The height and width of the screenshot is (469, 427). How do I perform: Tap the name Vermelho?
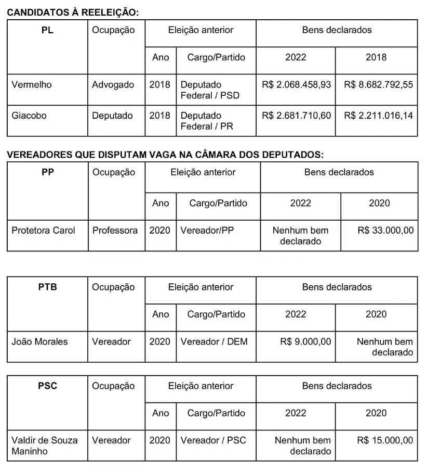coord(32,85)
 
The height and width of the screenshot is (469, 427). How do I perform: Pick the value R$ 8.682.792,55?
coord(378,85)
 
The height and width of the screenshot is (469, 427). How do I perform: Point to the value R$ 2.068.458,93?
coord(296,85)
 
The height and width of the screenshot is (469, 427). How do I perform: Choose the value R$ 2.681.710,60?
coord(296,116)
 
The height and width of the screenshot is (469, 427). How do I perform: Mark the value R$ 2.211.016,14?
coord(378,116)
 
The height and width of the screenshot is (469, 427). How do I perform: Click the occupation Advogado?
coord(113,85)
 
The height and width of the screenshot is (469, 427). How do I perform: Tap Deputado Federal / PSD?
coord(210,90)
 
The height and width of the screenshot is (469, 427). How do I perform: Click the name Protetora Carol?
coord(43,230)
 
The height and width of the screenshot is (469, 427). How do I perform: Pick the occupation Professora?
coord(115,230)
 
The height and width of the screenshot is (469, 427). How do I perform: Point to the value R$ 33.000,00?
coord(385,230)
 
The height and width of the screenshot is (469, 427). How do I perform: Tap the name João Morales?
coord(39,342)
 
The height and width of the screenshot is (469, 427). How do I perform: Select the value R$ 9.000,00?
coord(305,342)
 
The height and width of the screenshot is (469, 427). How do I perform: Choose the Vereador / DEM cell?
coord(214,342)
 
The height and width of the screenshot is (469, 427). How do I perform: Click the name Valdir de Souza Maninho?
coord(44,446)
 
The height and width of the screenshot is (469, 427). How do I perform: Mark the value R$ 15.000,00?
coord(385,440)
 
